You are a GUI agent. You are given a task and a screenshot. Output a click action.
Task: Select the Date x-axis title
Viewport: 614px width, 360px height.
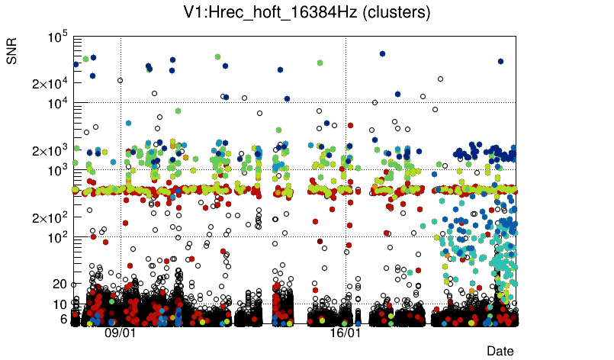point(500,351)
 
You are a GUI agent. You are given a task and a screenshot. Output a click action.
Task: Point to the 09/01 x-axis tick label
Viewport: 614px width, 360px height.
point(121,333)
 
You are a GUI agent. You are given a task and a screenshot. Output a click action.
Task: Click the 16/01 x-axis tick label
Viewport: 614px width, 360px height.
point(346,333)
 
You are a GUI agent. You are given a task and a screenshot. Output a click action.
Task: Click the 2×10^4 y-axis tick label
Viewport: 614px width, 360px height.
point(50,83)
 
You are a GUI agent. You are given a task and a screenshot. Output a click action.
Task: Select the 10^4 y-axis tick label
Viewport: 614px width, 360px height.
point(58,103)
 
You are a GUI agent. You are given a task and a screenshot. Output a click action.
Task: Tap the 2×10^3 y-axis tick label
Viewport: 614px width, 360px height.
point(50,150)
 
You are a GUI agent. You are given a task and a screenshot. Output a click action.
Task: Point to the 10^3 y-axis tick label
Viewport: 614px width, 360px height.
point(58,170)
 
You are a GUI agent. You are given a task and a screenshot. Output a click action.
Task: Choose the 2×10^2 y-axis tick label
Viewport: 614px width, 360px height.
point(50,217)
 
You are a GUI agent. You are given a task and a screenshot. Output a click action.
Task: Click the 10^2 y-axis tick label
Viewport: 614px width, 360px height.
point(58,237)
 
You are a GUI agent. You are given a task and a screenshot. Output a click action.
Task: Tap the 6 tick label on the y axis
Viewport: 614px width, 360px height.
point(65,319)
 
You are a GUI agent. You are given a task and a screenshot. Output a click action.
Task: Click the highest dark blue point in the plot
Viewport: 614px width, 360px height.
point(382,53)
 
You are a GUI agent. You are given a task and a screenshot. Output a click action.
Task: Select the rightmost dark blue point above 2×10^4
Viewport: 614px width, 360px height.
point(500,61)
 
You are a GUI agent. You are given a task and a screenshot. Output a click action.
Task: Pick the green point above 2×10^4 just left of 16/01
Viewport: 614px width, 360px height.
point(320,63)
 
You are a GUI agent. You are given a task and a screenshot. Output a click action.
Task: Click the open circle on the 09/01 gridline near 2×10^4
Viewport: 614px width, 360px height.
point(120,80)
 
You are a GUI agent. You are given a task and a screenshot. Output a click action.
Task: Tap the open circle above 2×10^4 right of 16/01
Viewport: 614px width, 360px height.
point(440,79)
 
